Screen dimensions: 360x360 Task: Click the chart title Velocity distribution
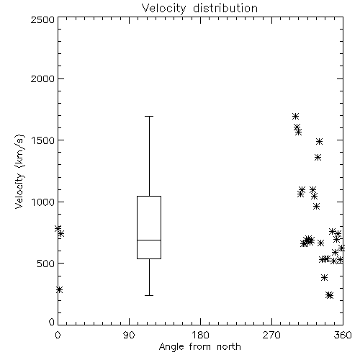(x=199, y=9)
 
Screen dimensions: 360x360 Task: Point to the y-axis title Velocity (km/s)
(x=19, y=171)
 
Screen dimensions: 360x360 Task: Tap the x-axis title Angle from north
(x=199, y=347)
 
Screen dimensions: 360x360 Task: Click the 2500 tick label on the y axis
(x=42, y=19)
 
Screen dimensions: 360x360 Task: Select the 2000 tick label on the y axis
(x=42, y=78)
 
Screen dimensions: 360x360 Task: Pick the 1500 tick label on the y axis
(x=43, y=140)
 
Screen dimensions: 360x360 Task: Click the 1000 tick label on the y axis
(x=43, y=202)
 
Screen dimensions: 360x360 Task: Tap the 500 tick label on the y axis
(x=46, y=264)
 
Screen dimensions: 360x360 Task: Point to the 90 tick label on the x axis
(x=129, y=335)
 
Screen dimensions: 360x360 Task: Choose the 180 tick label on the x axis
(x=200, y=335)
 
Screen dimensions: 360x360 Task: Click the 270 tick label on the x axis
(x=271, y=335)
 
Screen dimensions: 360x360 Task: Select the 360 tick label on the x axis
(x=343, y=335)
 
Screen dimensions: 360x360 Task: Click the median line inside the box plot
(x=149, y=240)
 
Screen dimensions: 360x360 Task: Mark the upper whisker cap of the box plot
(x=149, y=116)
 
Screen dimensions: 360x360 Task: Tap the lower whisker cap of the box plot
(x=149, y=295)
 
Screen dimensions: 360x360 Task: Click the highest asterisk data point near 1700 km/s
(x=295, y=117)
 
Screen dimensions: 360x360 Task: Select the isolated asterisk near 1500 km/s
(x=319, y=141)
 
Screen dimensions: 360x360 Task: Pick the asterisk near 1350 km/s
(x=318, y=158)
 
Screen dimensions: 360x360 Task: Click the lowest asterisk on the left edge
(x=59, y=289)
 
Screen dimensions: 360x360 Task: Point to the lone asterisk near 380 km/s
(x=324, y=278)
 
